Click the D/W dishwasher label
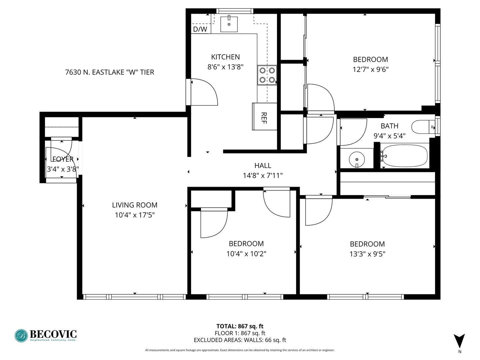point(200,29)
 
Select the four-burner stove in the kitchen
point(267,75)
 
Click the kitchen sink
point(229,23)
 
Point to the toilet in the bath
point(423,127)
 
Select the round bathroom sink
point(357,158)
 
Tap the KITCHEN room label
point(225,57)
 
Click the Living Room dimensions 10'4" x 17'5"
point(135,215)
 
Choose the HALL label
point(263,165)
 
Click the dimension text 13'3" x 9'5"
point(367,254)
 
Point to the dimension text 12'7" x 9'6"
point(370,69)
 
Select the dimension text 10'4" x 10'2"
point(246,254)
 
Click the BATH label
point(389,126)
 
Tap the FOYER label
point(63,159)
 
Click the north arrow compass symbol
point(459,341)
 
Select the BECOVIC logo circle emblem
point(21,336)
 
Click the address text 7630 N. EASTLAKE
point(110,72)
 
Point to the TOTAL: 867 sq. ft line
point(240,326)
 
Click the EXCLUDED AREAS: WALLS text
point(240,340)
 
